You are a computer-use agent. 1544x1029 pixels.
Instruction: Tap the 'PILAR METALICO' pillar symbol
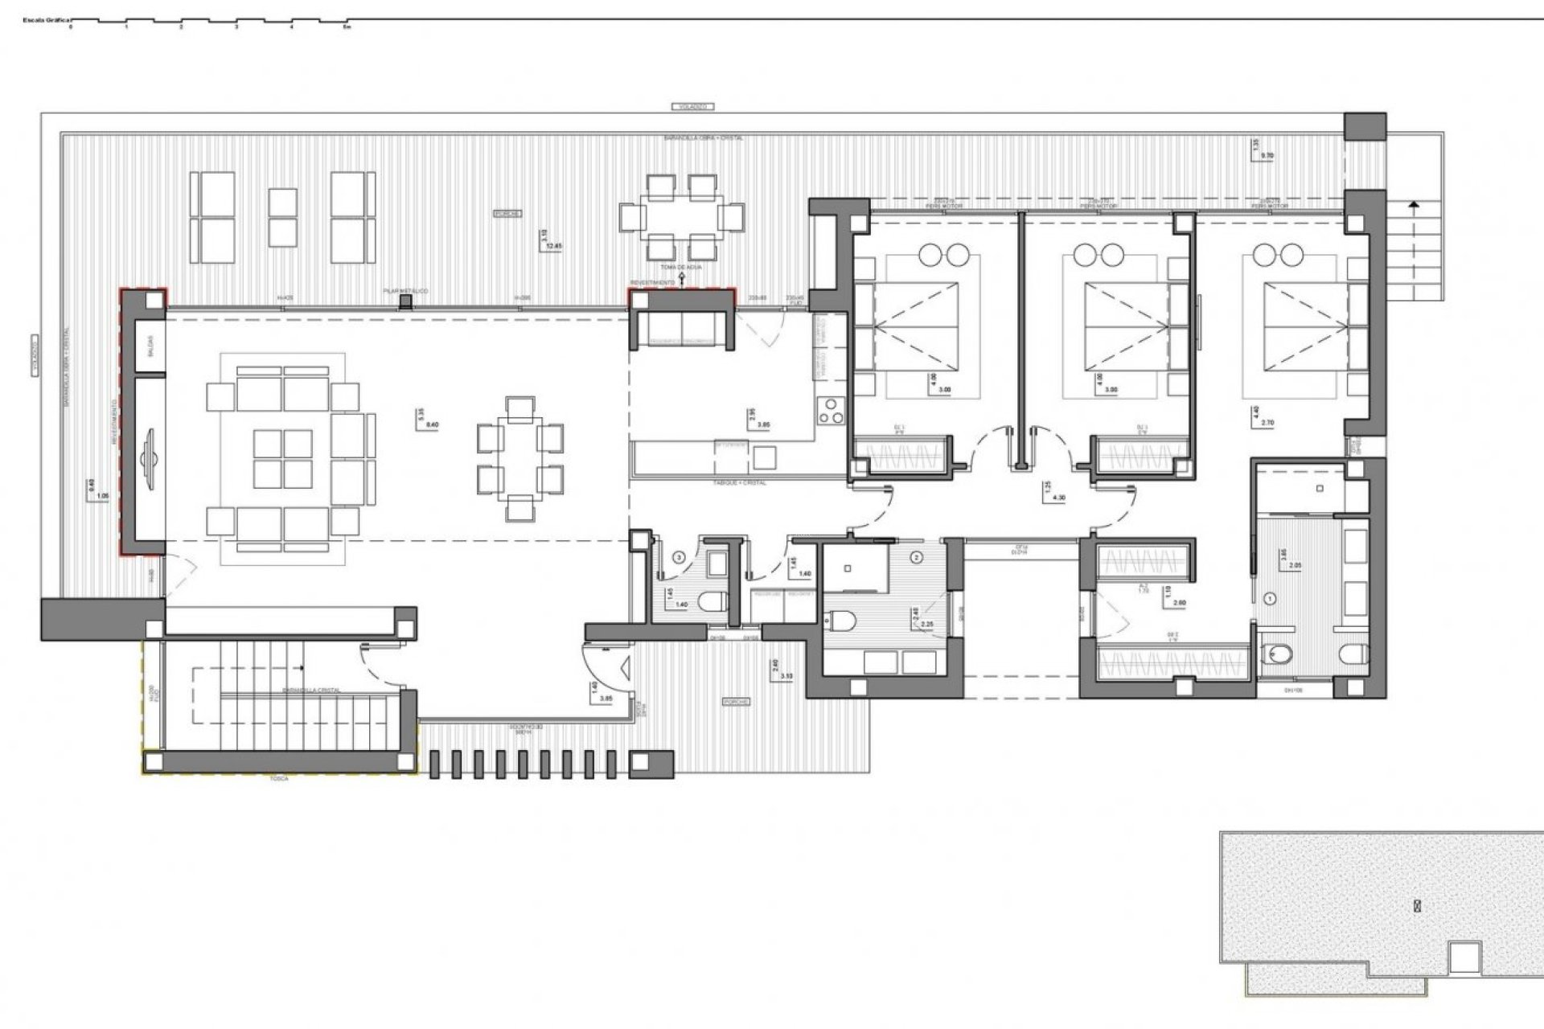[407, 301]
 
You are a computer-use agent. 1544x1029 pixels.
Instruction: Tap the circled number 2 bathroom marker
[917, 556]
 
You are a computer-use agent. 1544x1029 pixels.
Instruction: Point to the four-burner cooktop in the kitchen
[829, 411]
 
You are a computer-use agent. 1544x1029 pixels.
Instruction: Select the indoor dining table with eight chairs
[520, 458]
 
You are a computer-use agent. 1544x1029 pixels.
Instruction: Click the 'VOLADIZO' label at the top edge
[691, 106]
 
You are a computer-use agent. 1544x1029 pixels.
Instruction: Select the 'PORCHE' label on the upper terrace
[507, 214]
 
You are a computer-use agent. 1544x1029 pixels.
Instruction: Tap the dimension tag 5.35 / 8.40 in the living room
[427, 420]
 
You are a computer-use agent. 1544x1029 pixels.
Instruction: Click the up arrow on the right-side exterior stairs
[1413, 206]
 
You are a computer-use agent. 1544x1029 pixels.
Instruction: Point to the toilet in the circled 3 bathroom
[711, 601]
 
